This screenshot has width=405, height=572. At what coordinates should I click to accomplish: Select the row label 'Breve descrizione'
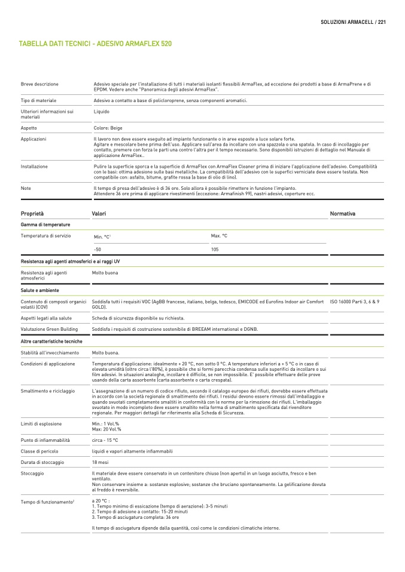(x=39, y=84)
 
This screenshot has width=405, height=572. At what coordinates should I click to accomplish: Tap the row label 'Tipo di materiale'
(x=38, y=100)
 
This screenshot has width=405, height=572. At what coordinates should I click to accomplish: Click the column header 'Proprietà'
(x=32, y=213)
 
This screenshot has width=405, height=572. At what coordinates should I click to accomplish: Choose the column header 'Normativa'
(x=343, y=213)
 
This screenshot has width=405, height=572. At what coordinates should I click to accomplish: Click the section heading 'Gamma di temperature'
(x=45, y=225)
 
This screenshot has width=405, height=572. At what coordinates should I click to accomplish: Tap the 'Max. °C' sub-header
(x=219, y=236)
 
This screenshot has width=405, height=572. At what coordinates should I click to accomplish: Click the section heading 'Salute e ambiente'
(x=40, y=290)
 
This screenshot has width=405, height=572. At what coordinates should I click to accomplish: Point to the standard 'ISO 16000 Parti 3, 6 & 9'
(x=355, y=302)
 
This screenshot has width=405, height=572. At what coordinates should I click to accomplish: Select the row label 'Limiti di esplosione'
(x=41, y=423)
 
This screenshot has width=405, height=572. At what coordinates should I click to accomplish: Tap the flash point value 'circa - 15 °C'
(x=105, y=440)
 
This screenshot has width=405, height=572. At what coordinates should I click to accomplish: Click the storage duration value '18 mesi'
(x=100, y=462)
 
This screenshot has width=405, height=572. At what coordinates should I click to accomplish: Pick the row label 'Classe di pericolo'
(x=40, y=451)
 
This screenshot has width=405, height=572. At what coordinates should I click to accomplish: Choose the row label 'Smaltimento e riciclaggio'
(x=48, y=390)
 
